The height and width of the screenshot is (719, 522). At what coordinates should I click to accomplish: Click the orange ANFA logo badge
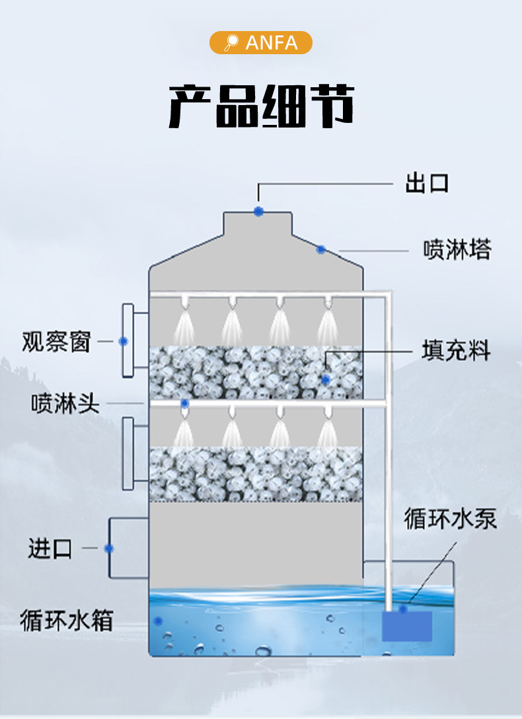261,42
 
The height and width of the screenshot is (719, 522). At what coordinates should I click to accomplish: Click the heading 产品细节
261,106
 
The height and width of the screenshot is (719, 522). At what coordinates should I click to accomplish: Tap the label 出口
427,183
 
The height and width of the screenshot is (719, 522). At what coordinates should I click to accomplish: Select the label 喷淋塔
457,250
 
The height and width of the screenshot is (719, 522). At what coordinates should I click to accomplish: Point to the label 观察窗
56,342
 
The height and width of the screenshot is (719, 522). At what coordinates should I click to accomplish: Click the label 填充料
456,351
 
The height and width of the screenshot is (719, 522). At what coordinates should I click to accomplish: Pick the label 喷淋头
65,403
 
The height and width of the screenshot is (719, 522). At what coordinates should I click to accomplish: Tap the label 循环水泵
451,519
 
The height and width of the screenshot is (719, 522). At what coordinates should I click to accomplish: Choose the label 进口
50,549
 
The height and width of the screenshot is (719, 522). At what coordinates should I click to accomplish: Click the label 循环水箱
66,621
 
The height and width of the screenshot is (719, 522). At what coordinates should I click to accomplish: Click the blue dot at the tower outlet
258,211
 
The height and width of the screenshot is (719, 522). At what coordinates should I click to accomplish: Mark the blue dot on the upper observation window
123,341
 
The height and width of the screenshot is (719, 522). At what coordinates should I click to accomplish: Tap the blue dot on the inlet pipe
109,549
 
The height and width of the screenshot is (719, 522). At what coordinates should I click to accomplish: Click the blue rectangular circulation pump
406,625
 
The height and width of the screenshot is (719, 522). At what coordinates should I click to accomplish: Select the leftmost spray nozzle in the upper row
184,302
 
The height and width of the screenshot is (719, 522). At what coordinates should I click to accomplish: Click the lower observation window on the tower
128,453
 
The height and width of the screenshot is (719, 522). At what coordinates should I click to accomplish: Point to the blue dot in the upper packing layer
325,379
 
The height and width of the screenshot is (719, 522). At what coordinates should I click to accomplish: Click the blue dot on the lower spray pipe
185,403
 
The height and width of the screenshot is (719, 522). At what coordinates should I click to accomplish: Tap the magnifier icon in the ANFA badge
231,43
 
